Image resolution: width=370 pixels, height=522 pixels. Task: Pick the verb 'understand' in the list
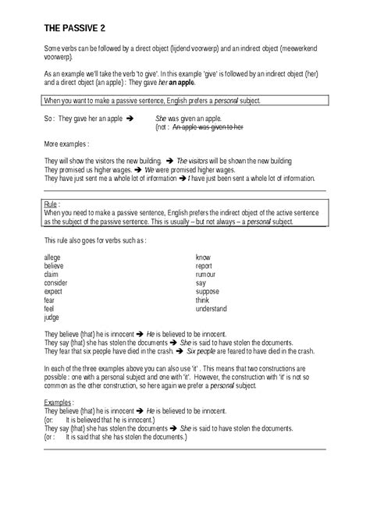coord(212,307)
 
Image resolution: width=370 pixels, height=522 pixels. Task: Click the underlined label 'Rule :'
coord(53,204)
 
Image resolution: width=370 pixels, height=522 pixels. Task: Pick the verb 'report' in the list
coord(205,265)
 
